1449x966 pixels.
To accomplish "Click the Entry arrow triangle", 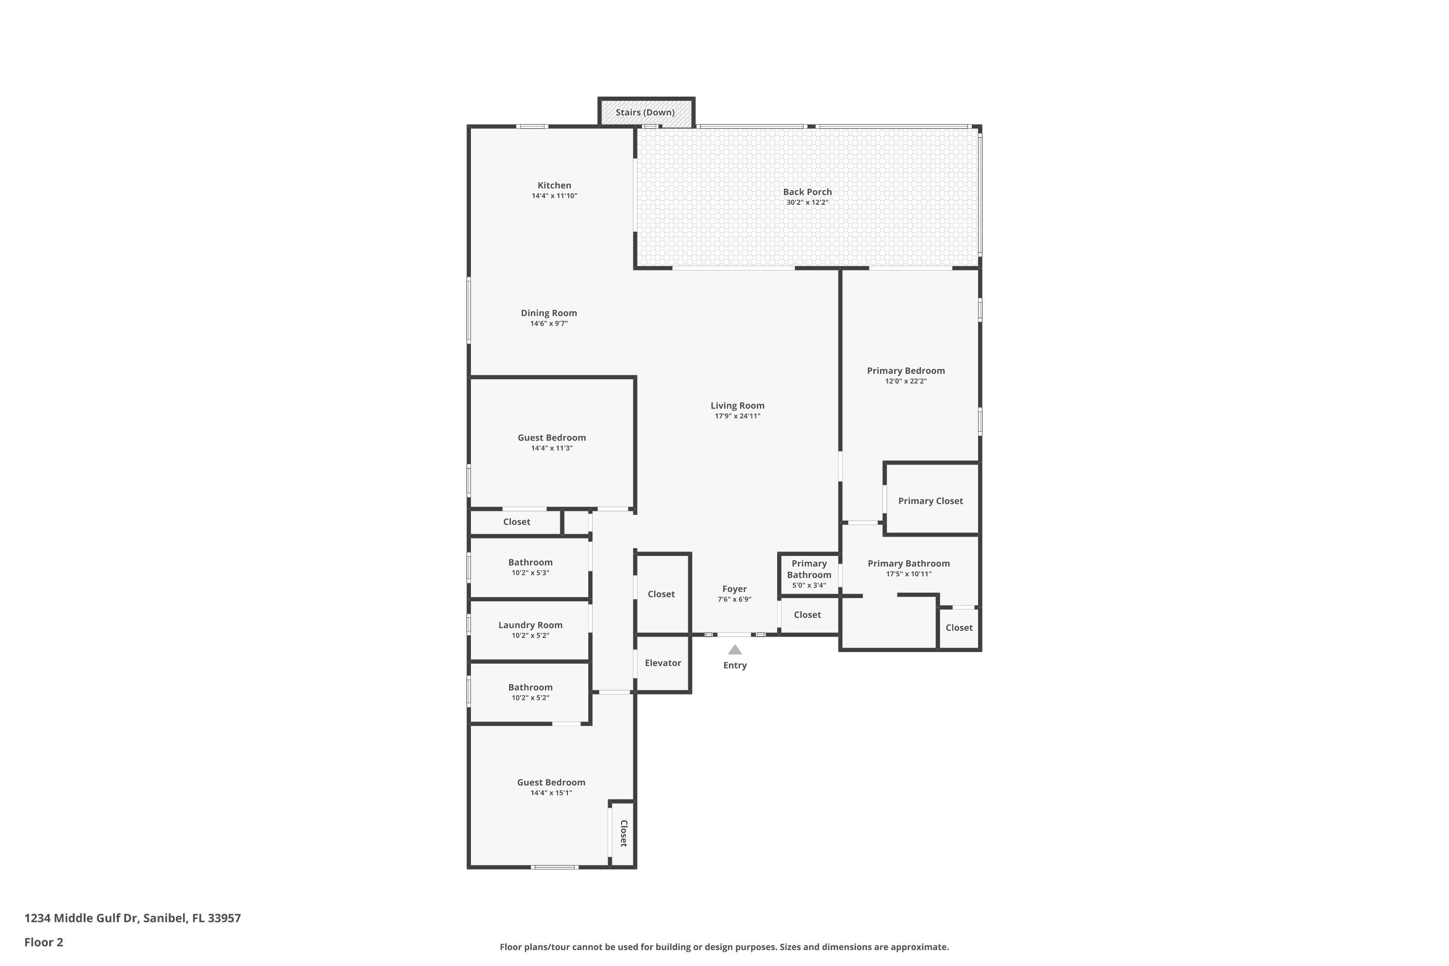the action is [x=735, y=649].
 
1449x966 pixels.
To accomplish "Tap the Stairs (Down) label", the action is [x=645, y=112].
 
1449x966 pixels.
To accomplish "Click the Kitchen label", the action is [x=554, y=185].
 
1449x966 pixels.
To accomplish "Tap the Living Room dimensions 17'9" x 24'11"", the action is [x=738, y=416].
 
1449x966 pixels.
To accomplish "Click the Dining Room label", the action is [x=549, y=313].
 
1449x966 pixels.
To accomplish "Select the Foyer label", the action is [x=734, y=589].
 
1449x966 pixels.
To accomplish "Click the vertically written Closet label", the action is [x=624, y=834].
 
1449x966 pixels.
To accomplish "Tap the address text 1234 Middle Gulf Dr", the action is [x=80, y=918].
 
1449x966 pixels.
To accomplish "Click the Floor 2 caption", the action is [x=44, y=942].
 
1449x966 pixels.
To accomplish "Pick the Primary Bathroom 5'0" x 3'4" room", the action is [x=809, y=574].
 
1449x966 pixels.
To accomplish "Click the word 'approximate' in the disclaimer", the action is [x=919, y=947].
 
